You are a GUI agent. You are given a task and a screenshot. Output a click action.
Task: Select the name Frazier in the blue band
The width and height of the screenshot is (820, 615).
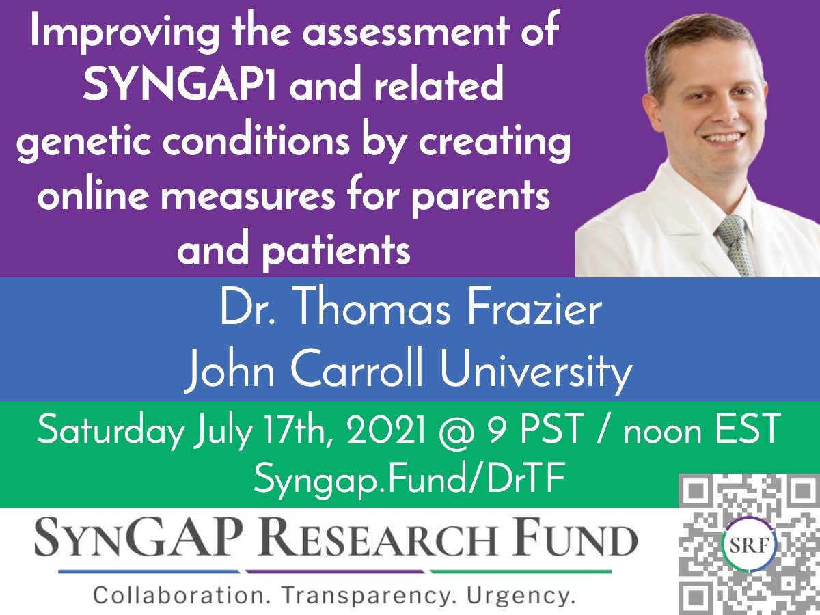[534, 311]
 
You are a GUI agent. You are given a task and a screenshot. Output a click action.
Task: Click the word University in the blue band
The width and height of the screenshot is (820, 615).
[536, 372]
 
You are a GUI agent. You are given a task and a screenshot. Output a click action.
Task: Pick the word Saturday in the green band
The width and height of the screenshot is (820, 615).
[111, 431]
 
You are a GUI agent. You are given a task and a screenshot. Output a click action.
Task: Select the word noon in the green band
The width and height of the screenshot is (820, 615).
[662, 433]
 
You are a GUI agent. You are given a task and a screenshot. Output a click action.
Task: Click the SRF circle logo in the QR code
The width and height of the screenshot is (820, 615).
[750, 545]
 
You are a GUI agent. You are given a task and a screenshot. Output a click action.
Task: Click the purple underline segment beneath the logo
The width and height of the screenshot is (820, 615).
[335, 572]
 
